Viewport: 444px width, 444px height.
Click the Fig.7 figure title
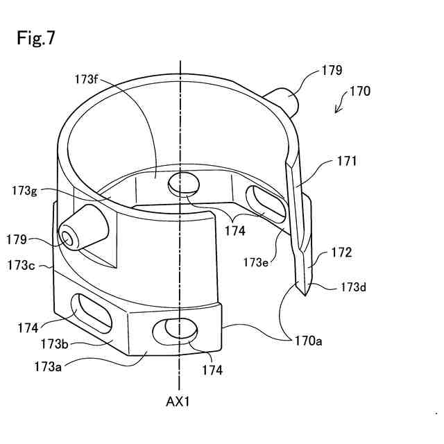coord(36,38)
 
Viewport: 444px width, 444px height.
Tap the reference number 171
coord(347,162)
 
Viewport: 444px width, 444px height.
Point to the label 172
coord(341,253)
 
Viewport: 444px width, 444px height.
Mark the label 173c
coord(22,264)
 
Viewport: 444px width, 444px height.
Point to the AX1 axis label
coord(180,401)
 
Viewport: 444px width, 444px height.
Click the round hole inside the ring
coord(184,185)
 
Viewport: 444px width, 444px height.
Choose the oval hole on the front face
coord(180,330)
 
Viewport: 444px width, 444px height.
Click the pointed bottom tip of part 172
coord(304,293)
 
